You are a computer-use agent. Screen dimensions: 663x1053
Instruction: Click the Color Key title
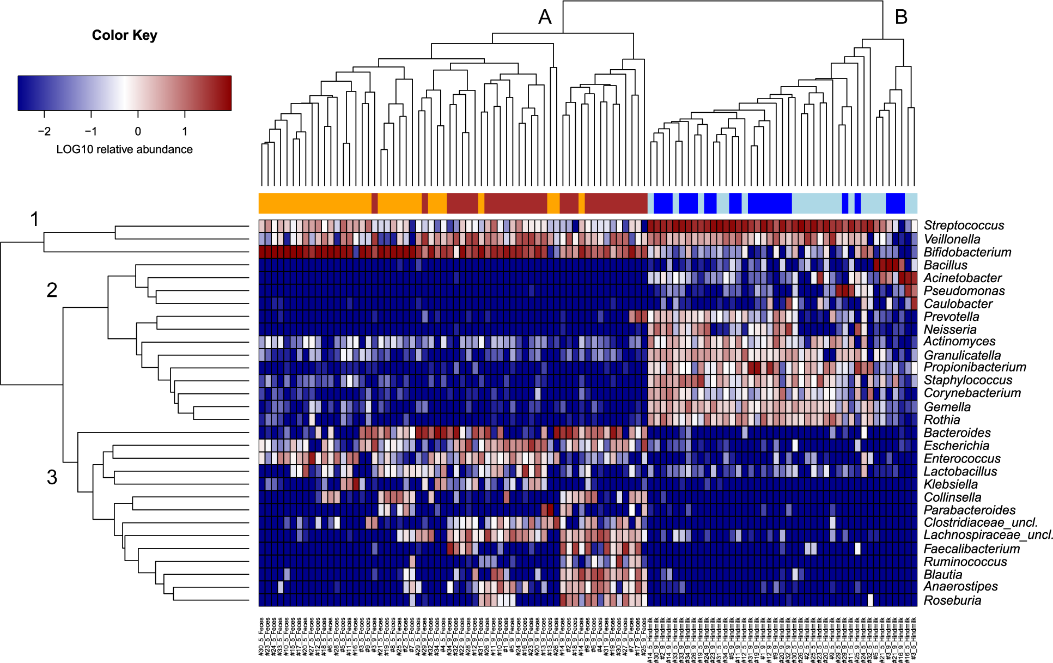tap(124, 35)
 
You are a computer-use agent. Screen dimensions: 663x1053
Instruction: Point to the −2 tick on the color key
tap(44, 131)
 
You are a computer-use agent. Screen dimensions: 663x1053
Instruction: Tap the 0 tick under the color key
tap(138, 131)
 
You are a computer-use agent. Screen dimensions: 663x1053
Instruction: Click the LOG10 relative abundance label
tap(124, 149)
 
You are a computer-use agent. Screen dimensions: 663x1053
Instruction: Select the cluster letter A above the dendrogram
tap(545, 17)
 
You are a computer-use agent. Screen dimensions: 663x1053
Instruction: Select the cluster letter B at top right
tap(901, 17)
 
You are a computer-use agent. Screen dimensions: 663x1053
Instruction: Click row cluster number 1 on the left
tap(34, 220)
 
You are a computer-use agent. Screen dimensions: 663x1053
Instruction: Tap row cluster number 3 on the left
tap(52, 477)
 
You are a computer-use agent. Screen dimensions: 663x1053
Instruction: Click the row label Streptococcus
tap(964, 226)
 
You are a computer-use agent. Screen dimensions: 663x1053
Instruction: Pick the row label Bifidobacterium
tap(967, 252)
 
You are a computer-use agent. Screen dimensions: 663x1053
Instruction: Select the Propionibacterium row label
tap(975, 367)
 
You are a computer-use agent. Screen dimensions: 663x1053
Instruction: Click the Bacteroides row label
tap(957, 433)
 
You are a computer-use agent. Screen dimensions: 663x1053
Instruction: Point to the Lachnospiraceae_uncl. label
tap(988, 535)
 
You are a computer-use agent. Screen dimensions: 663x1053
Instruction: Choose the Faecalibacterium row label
tap(971, 549)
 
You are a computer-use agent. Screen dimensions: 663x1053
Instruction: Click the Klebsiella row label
tap(951, 484)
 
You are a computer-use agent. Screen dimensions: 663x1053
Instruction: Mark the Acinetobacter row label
tap(963, 278)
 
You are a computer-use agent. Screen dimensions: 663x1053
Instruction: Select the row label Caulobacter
tap(958, 304)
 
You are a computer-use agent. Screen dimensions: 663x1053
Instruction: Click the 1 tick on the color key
tap(185, 131)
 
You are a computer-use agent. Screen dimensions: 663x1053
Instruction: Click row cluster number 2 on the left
tap(52, 290)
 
